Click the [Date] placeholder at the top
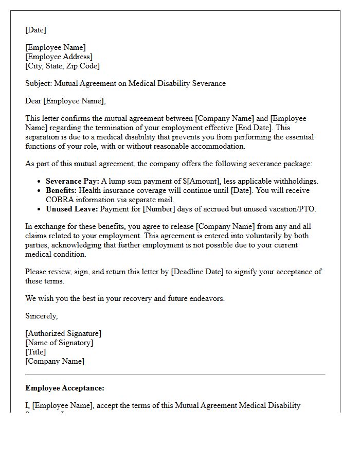point(35,30)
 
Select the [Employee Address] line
point(59,57)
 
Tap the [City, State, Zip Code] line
point(62,66)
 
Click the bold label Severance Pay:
point(72,181)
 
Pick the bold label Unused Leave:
point(72,209)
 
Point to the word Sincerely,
point(42,316)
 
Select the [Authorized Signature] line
point(63,333)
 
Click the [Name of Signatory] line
point(59,343)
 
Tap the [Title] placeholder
point(35,352)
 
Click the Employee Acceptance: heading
point(65,388)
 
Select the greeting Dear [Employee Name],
point(65,101)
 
